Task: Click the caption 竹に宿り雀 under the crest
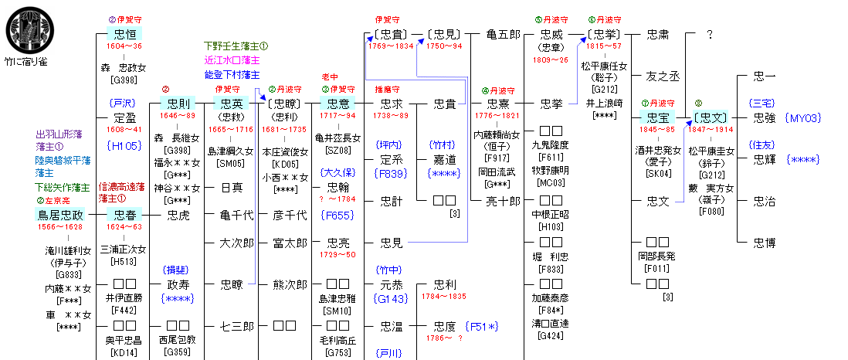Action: click(x=26, y=61)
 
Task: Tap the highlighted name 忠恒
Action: click(x=124, y=34)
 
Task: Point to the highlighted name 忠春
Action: click(x=124, y=215)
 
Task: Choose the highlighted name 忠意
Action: click(x=338, y=104)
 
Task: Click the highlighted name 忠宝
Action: click(x=657, y=117)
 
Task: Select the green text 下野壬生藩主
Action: click(x=236, y=46)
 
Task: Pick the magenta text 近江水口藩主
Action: click(x=232, y=60)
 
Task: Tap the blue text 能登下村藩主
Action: click(x=232, y=74)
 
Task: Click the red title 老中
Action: click(x=331, y=77)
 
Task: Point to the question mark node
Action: click(x=711, y=35)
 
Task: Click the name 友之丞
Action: click(x=662, y=76)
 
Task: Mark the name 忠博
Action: click(x=765, y=243)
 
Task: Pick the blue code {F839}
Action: click(x=391, y=174)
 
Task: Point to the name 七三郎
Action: click(x=237, y=326)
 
